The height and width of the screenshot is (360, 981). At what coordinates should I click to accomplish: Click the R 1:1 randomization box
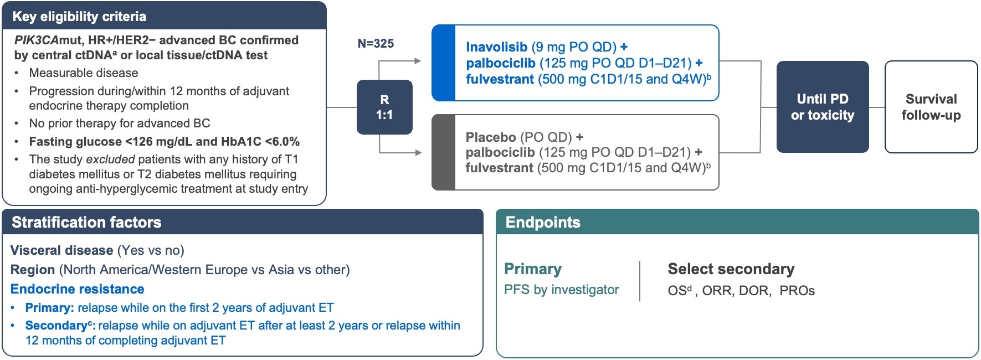[384, 107]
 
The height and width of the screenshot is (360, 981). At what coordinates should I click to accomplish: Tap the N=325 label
[376, 43]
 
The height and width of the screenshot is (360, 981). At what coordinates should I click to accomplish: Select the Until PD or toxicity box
[822, 107]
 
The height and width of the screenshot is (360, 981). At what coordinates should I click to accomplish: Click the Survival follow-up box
[931, 107]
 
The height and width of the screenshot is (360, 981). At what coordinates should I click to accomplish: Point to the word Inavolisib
[496, 47]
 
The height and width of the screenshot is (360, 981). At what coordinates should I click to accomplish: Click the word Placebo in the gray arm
[491, 137]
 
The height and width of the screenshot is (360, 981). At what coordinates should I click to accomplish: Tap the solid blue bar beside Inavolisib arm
[443, 63]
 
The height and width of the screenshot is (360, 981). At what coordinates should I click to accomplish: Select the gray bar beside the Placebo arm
[443, 152]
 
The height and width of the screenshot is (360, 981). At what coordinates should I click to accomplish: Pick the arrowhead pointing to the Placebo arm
[418, 152]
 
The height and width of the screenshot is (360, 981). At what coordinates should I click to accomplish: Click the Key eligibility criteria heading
[79, 17]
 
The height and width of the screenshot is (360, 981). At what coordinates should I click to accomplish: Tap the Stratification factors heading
[86, 222]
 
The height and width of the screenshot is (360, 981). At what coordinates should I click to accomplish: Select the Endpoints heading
[543, 222]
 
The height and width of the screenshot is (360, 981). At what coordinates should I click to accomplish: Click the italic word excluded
[110, 160]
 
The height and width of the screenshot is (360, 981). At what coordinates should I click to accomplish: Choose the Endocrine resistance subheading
[78, 289]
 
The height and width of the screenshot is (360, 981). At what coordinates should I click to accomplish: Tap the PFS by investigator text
[561, 290]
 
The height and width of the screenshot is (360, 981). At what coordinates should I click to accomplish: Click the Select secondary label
[731, 269]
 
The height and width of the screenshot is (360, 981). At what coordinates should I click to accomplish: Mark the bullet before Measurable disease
[17, 73]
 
